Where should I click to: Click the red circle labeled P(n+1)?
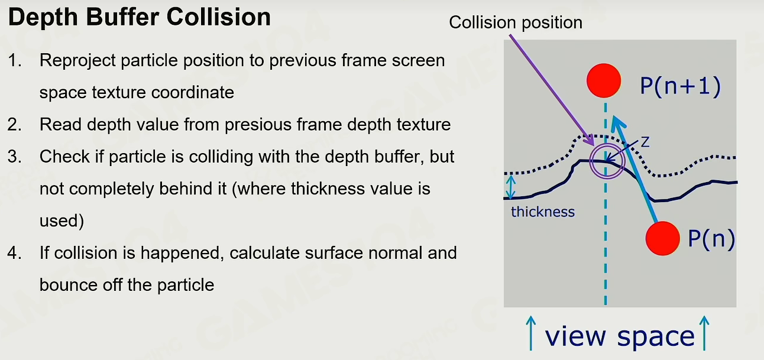pos(604,80)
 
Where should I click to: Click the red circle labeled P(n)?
pos(663,238)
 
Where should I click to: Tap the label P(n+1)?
pos(681,86)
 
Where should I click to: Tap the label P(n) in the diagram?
pos(711,238)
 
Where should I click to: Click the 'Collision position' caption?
pos(516,22)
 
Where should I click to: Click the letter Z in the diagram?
pos(645,142)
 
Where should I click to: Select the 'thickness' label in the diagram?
pos(543,212)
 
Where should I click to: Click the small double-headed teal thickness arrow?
pos(510,187)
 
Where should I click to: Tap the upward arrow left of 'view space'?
pos(530,333)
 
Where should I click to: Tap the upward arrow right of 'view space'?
pos(704,333)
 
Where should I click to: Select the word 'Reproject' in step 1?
pos(77,61)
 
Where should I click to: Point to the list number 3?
pos(14,157)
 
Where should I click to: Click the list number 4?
pos(14,253)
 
